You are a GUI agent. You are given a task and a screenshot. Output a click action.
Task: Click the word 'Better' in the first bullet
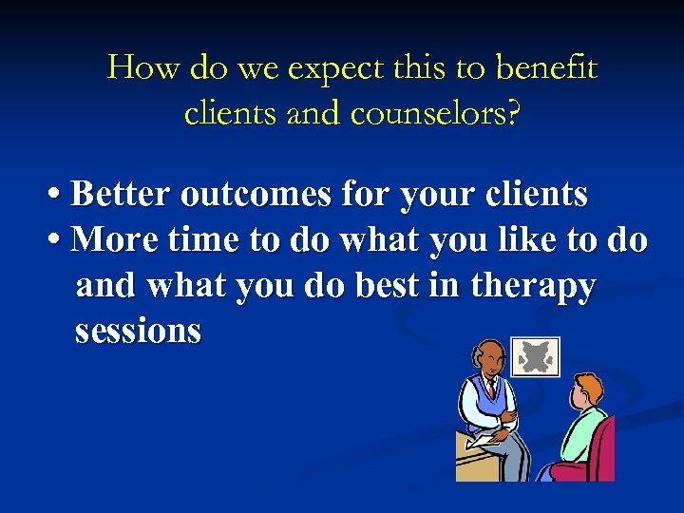120,195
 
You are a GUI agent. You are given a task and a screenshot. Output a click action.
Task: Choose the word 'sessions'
138,331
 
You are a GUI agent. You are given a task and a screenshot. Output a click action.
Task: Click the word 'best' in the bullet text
388,285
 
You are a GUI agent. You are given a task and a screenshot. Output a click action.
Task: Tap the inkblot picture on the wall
535,357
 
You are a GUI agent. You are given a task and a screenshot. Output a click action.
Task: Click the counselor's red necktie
491,389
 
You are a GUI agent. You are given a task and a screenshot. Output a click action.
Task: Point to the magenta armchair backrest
603,446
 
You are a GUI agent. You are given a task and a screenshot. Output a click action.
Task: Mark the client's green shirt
579,427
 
